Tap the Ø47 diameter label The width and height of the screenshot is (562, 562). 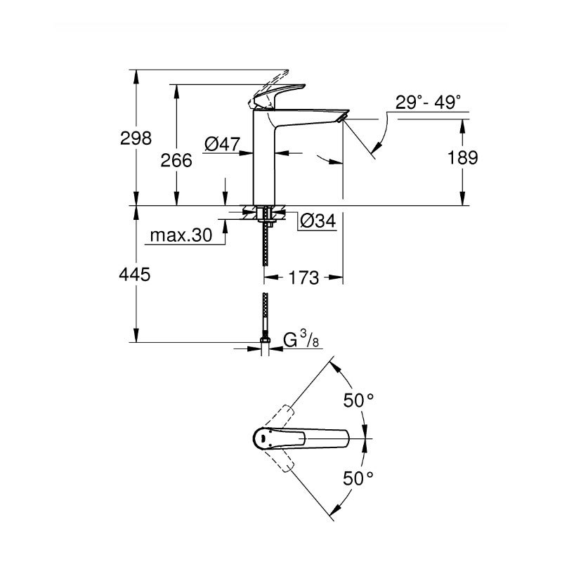pyautogui.click(x=222, y=145)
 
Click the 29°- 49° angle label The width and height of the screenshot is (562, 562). pyautogui.click(x=428, y=103)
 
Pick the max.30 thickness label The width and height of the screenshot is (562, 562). pyautogui.click(x=181, y=237)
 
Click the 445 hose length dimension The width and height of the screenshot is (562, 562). pyautogui.click(x=135, y=275)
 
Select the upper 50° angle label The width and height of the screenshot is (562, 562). pyautogui.click(x=358, y=401)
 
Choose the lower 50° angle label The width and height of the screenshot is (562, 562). pyautogui.click(x=358, y=479)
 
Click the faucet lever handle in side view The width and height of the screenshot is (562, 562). pyautogui.click(x=281, y=94)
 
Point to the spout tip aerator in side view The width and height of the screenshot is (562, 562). pyautogui.click(x=341, y=120)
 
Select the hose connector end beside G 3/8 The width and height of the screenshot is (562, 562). pyautogui.click(x=265, y=345)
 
